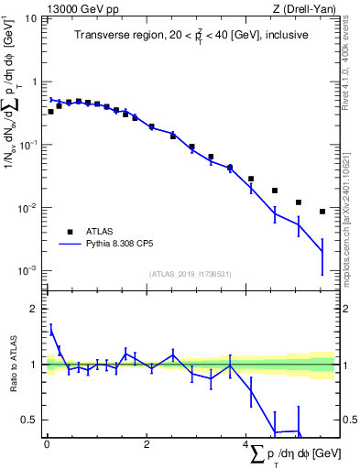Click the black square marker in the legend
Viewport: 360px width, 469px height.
(70, 232)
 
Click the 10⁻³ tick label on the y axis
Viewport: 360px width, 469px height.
(27, 271)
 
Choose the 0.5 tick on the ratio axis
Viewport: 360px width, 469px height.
(31, 420)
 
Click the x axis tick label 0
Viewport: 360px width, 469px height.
(46, 445)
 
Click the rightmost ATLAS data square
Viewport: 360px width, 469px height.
(322, 212)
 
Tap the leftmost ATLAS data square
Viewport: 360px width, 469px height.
(51, 112)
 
